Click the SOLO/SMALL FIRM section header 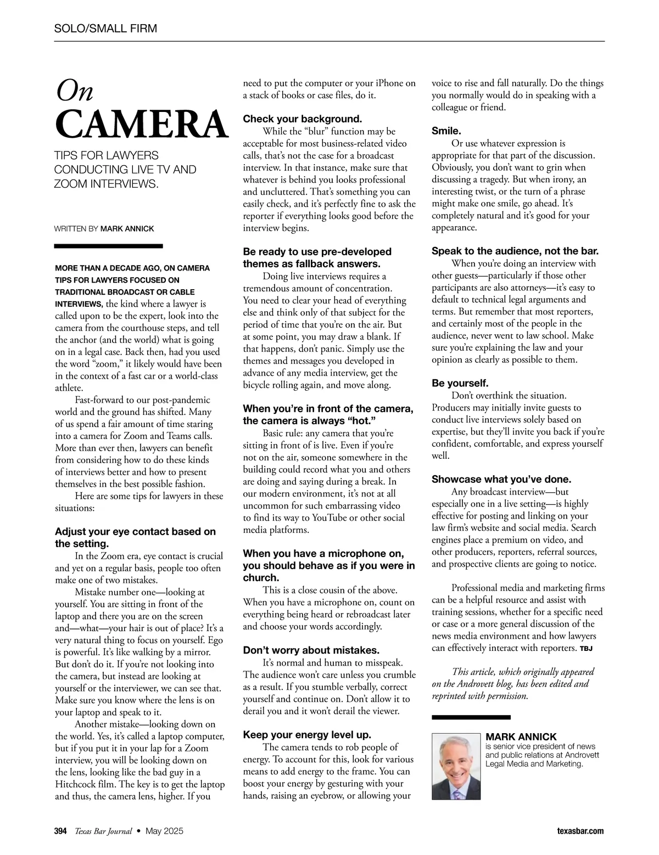click(105, 29)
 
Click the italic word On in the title click(75, 91)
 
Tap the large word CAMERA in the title click(141, 125)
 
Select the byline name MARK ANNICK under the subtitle click(127, 228)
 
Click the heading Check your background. click(303, 119)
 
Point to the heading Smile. click(446, 131)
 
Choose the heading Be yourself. click(460, 383)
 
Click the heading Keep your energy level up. click(307, 735)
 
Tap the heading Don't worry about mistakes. click(311, 650)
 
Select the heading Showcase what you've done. click(501, 479)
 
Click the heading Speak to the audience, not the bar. click(515, 251)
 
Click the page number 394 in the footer click(60, 831)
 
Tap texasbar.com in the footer click(579, 831)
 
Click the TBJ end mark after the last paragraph click(586, 649)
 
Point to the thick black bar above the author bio click(471, 717)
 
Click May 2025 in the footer click(165, 831)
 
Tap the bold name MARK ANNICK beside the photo click(521, 737)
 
